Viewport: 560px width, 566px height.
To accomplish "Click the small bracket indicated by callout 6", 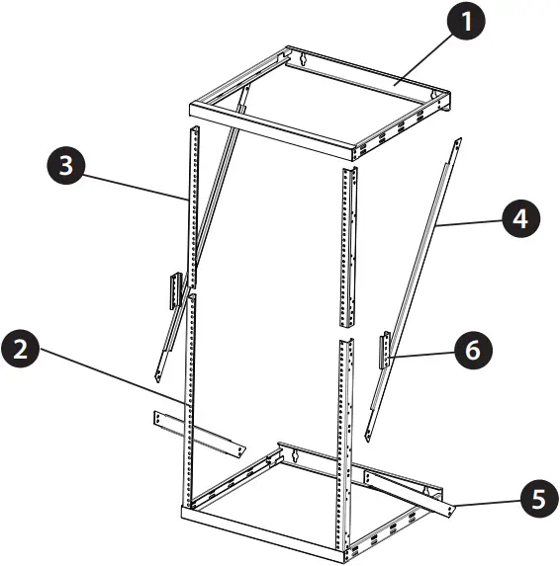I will (x=385, y=350).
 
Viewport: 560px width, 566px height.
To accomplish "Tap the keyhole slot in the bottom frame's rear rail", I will (x=295, y=455).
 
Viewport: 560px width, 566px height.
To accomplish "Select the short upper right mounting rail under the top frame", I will (x=347, y=247).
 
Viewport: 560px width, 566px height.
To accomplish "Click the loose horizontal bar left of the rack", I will (x=198, y=433).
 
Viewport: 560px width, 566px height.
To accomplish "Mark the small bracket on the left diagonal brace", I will (x=175, y=288).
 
